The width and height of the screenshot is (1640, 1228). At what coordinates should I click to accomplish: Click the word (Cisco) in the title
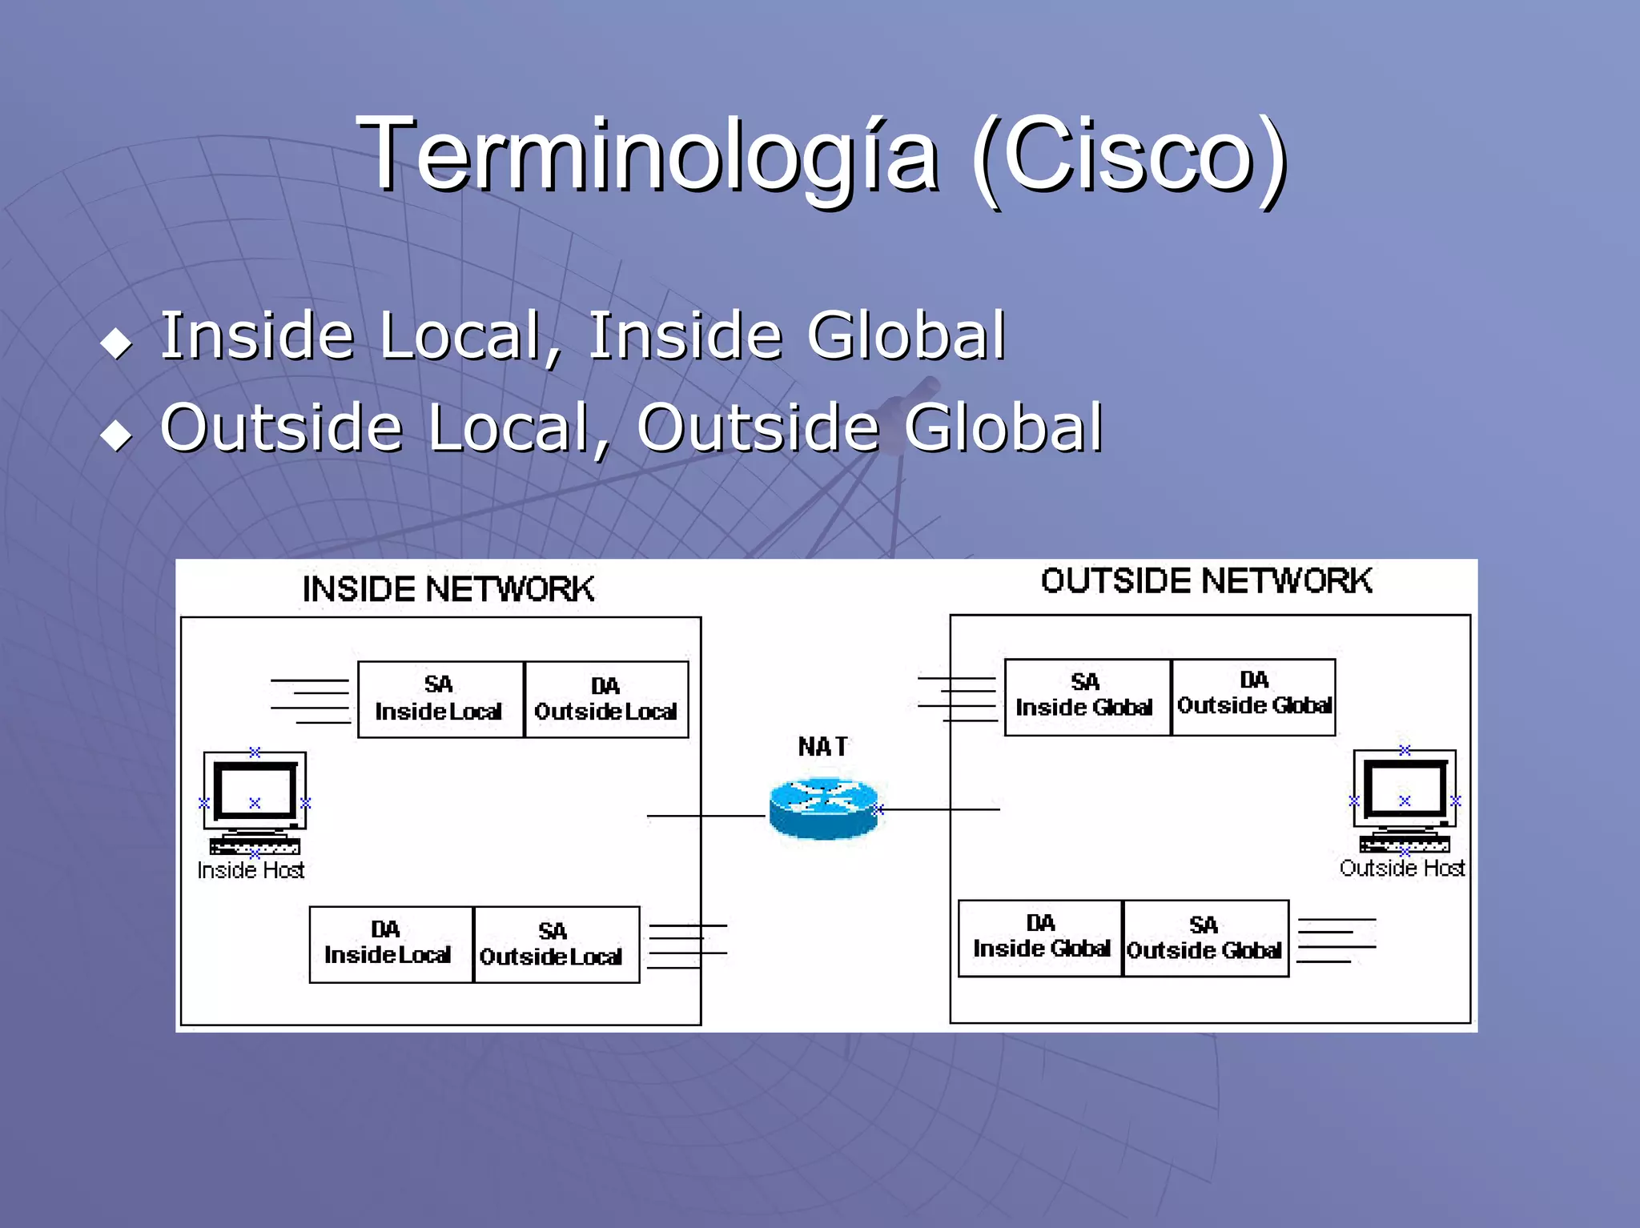[x=1129, y=154]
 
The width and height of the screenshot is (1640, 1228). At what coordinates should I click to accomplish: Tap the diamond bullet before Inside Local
[x=117, y=343]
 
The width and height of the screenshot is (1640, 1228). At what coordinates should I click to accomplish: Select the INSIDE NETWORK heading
[x=448, y=589]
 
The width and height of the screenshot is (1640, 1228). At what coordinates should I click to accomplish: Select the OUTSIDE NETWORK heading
[x=1206, y=581]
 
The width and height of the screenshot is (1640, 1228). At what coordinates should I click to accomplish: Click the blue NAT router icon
[x=824, y=809]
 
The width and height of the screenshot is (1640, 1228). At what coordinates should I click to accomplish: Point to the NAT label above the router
[x=822, y=747]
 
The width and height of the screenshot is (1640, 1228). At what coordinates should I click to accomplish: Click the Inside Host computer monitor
[x=255, y=793]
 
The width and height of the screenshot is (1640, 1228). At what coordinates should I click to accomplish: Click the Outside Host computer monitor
[x=1405, y=791]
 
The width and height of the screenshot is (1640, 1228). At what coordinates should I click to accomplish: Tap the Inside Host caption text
[x=251, y=871]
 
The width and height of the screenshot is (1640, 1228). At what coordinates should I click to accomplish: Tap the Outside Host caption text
[x=1401, y=869]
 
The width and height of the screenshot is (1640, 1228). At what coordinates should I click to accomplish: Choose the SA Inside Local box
[x=440, y=699]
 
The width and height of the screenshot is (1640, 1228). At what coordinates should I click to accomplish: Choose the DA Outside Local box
[x=606, y=699]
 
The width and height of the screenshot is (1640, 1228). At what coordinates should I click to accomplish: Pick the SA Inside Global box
[x=1087, y=696]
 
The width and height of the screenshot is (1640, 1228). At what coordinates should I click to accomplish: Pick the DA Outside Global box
[x=1253, y=696]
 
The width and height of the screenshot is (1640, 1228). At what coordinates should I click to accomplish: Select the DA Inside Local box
[x=390, y=944]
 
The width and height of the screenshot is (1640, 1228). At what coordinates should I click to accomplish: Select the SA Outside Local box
[x=556, y=944]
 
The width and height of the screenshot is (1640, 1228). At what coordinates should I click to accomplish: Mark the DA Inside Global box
[x=1040, y=937]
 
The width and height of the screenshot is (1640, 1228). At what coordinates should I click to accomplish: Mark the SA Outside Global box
[x=1205, y=938]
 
